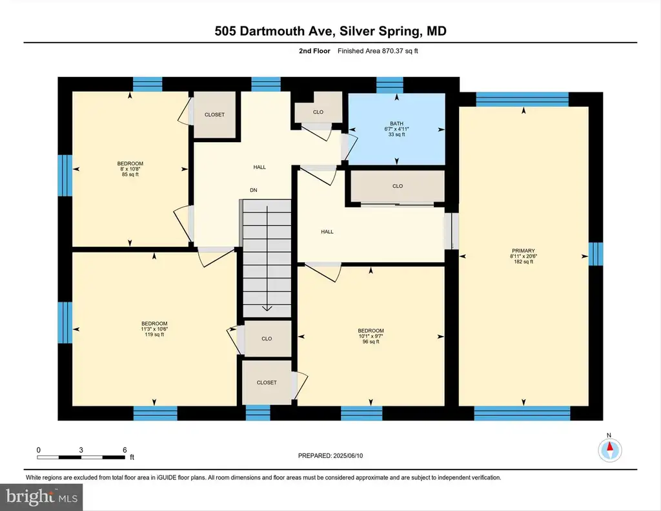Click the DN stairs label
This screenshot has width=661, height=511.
pos(253,191)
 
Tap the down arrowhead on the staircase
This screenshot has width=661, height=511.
pos(267,308)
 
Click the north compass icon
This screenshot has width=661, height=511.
pos(609,450)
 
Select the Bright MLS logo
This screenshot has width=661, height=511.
pos(41,497)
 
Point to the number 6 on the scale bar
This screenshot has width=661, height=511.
pos(125,450)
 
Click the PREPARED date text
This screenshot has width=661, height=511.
pos(330,455)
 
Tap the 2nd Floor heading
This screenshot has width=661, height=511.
pos(314,51)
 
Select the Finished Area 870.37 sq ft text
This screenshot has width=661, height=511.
pos(378,51)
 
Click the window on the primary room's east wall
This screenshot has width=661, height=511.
pos(596,254)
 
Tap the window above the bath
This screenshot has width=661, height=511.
pos(389,85)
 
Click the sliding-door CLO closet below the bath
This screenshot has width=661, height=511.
pos(398,186)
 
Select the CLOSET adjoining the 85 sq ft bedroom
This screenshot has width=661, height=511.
pos(214,114)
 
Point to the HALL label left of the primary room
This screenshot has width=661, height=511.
pos(327,232)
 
